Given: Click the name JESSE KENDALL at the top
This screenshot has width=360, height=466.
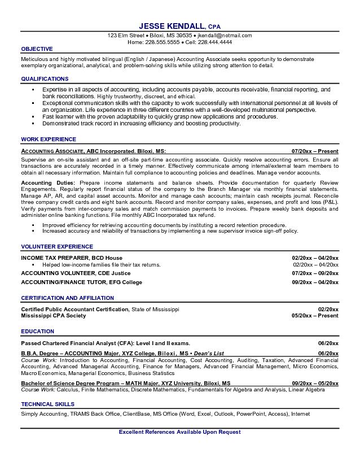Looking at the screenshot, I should (172, 26).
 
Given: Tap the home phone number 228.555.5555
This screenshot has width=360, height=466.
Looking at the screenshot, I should (162, 42).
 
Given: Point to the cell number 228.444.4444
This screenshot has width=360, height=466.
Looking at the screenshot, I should (216, 42).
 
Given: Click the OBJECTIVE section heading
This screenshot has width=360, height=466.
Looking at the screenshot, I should (37, 49).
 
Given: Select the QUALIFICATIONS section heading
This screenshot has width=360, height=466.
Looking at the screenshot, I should (45, 79).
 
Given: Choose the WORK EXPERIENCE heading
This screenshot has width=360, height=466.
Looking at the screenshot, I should (49, 139).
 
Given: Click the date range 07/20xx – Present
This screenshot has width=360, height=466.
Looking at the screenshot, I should (315, 152).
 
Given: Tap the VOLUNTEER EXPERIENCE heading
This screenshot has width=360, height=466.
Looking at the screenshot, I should (57, 247).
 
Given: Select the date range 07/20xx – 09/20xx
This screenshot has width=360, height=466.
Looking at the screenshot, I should (315, 273).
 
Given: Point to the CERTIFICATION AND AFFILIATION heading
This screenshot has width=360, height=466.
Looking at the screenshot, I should (67, 298).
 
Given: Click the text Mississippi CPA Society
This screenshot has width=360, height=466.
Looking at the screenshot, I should (54, 316).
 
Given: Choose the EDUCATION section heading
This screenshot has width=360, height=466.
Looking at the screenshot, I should (37, 332).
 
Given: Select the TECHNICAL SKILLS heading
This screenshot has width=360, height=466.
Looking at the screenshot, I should (47, 404).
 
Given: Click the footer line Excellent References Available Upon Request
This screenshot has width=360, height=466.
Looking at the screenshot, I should (180, 432).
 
